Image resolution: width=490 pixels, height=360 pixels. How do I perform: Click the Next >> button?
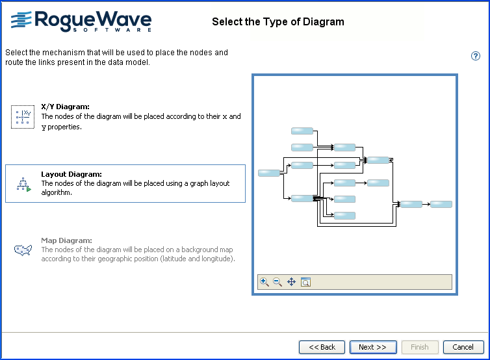(373, 347)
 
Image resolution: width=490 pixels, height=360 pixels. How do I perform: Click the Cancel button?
(463, 347)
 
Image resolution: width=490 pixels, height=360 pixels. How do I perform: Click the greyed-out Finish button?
(420, 347)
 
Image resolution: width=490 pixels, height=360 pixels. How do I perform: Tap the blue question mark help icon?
(476, 56)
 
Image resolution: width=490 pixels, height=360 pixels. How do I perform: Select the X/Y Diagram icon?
(23, 117)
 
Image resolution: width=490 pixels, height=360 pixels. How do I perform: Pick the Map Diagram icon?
(23, 250)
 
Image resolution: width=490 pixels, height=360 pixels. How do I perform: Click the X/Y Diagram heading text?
(65, 107)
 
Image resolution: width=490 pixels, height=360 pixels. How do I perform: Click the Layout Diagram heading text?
(71, 174)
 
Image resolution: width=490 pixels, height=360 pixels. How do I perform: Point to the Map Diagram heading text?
(66, 240)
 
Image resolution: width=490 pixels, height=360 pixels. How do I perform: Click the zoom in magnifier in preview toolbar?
(264, 281)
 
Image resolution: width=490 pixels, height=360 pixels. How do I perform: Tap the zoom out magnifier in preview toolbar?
(277, 281)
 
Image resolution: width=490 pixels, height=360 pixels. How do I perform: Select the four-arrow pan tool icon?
(291, 281)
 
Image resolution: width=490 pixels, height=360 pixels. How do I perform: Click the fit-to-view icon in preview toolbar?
(305, 281)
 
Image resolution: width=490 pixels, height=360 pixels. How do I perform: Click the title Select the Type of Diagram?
(278, 22)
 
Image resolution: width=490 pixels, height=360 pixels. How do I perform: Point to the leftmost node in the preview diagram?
(268, 173)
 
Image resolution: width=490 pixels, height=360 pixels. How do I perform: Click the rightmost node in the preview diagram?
(441, 204)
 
